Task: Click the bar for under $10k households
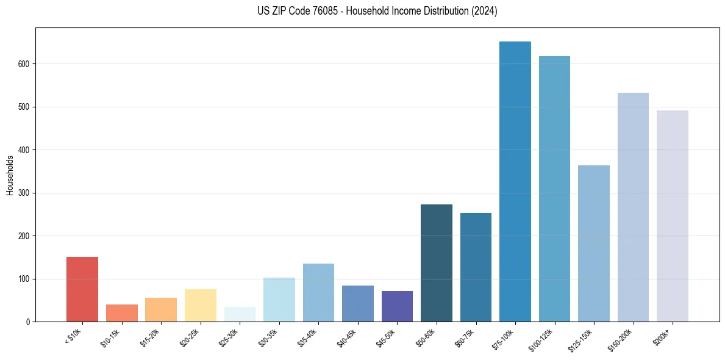82,289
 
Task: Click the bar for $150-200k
633,207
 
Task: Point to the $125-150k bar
594,243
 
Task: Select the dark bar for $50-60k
437,263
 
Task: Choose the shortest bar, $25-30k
240,314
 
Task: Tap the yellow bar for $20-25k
201,305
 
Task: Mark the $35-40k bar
318,293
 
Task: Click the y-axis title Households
10,175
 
